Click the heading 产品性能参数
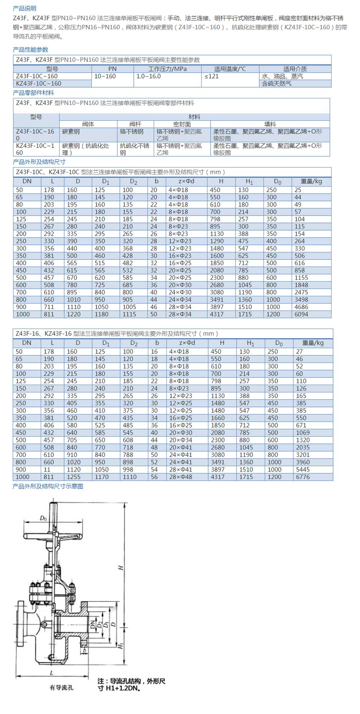click(31, 50)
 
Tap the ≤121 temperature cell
click(212, 76)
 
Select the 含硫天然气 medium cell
click(277, 83)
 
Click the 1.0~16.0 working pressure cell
click(149, 76)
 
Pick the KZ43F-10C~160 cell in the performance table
click(38, 83)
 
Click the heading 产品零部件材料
click(33, 93)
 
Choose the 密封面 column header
click(182, 124)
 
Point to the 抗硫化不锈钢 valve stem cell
click(134, 149)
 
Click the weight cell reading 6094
click(301, 314)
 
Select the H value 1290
click(217, 241)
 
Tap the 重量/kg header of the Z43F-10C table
click(311, 181)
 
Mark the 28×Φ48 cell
click(181, 477)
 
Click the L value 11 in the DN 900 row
click(47, 470)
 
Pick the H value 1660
click(217, 418)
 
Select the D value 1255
click(73, 477)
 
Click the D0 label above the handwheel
click(43, 518)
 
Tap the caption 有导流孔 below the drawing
click(61, 687)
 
